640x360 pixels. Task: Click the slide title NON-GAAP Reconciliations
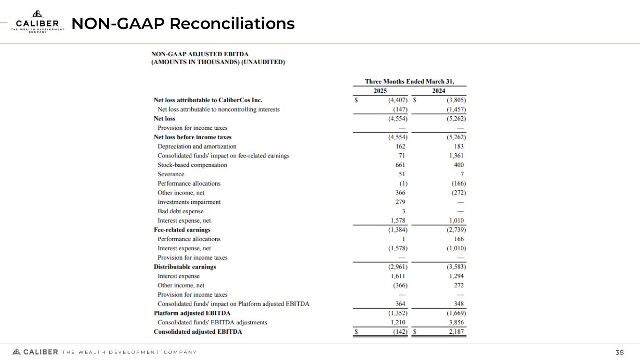coord(183,23)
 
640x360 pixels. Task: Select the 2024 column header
coord(438,91)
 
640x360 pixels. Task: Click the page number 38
coord(620,352)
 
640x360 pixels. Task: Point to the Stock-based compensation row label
coord(192,165)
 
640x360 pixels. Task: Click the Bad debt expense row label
coord(181,211)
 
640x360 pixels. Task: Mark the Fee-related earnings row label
coord(182,230)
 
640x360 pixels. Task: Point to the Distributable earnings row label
coord(185,267)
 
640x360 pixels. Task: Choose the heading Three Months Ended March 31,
coord(409,81)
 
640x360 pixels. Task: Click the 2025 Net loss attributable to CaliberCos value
coord(397,100)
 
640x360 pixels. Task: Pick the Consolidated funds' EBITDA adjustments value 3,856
coord(456,322)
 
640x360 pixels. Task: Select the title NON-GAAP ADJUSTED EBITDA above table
coord(200,54)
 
